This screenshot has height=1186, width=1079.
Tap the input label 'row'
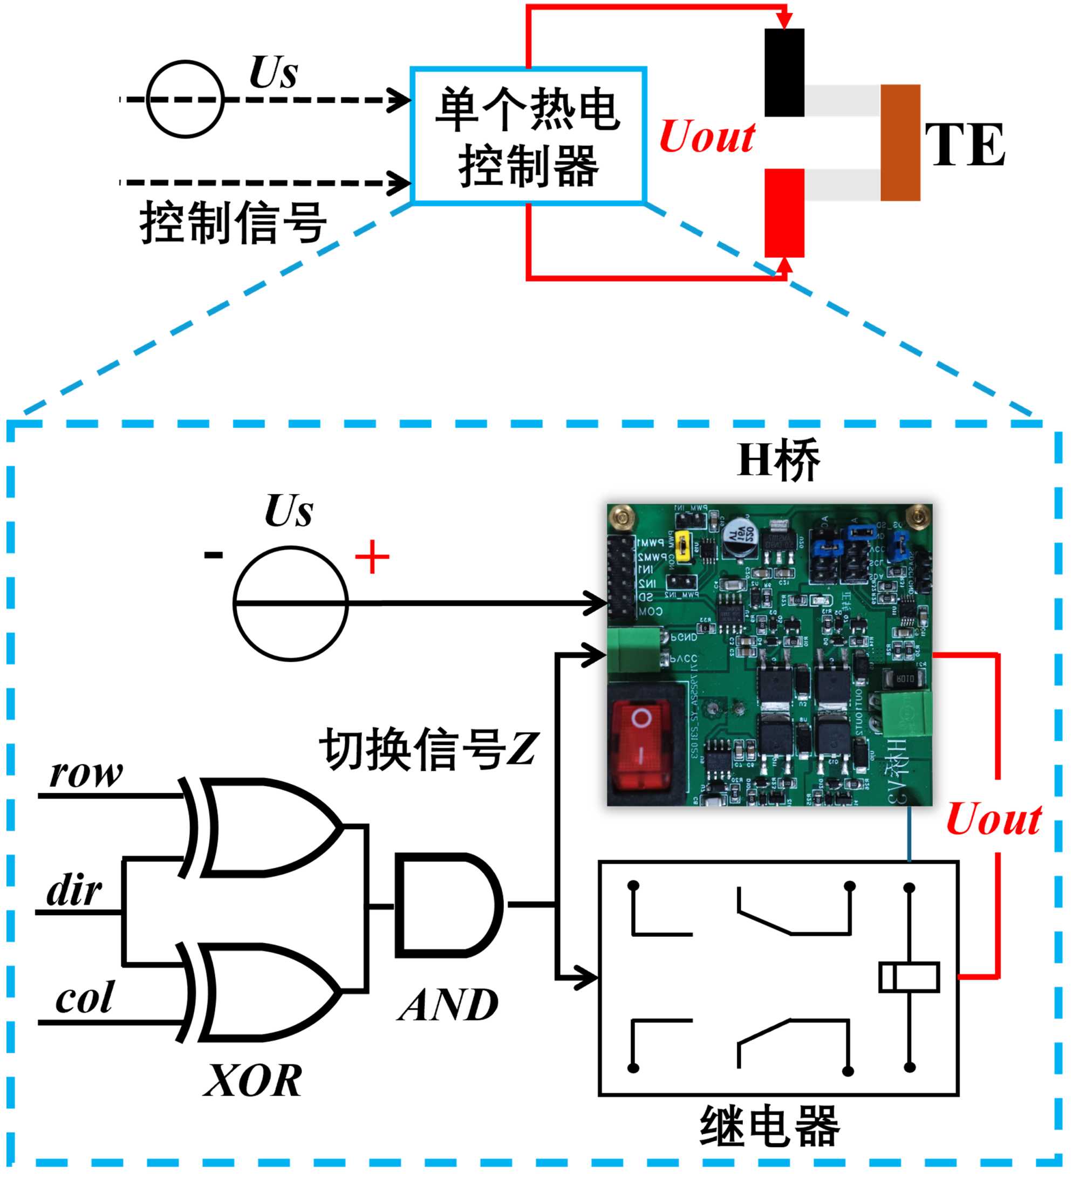coord(86,773)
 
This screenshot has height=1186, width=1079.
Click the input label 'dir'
coord(74,890)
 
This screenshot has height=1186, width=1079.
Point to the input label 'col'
coord(84,999)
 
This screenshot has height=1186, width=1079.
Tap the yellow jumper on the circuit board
coord(683,545)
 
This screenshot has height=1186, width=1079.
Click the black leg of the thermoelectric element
coord(785,73)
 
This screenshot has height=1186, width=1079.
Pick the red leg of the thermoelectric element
coord(785,213)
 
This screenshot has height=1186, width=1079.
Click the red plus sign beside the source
coord(372,557)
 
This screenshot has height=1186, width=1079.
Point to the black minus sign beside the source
coord(213,555)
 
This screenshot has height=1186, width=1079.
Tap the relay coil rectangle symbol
coord(909,978)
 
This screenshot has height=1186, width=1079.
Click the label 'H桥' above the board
coord(778,461)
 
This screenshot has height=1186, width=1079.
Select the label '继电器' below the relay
coord(770,1127)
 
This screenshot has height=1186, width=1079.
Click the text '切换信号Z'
coord(428,750)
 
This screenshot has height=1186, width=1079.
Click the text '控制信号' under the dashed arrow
coord(234,222)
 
